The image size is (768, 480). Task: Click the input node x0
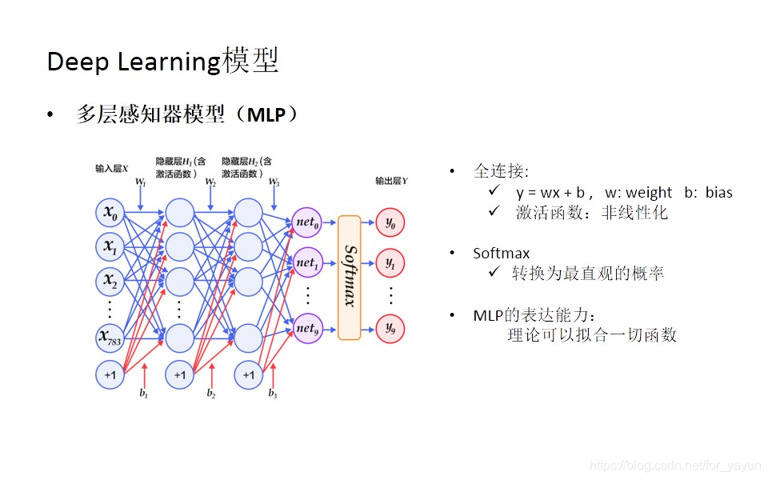110,214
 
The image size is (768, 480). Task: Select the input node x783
110,339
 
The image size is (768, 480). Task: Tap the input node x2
110,281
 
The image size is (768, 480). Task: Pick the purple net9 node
307,328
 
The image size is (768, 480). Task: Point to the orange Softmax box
350,277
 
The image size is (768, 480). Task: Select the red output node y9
390,328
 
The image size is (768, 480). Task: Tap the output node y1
390,262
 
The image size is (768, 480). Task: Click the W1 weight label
141,183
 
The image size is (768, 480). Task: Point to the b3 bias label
273,394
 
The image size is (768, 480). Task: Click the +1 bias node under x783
110,374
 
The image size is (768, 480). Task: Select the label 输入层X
112,168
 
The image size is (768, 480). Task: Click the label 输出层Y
392,181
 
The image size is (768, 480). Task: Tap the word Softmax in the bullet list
501,254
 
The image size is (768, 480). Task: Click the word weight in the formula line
649,193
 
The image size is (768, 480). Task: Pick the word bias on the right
718,193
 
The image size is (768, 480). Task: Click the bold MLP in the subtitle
266,115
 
